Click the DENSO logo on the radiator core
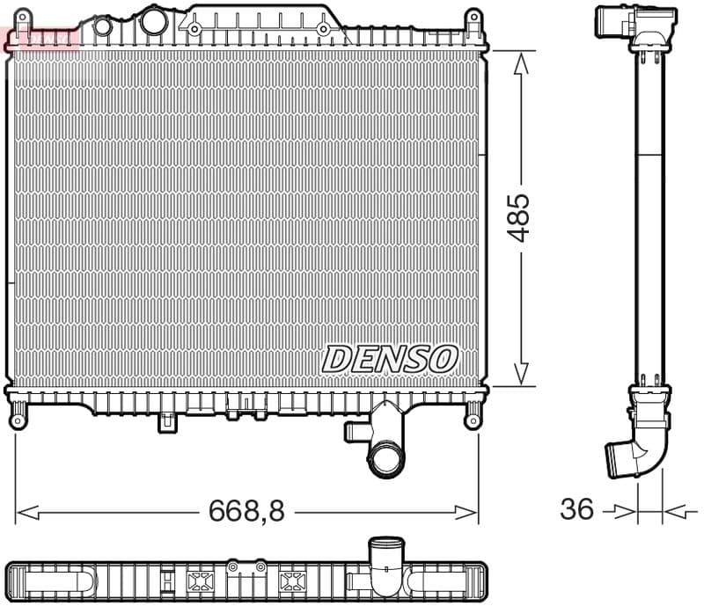click(390, 358)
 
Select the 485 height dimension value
click(521, 217)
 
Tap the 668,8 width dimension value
click(246, 511)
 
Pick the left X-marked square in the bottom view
click(200, 581)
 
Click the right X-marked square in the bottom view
click(290, 581)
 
